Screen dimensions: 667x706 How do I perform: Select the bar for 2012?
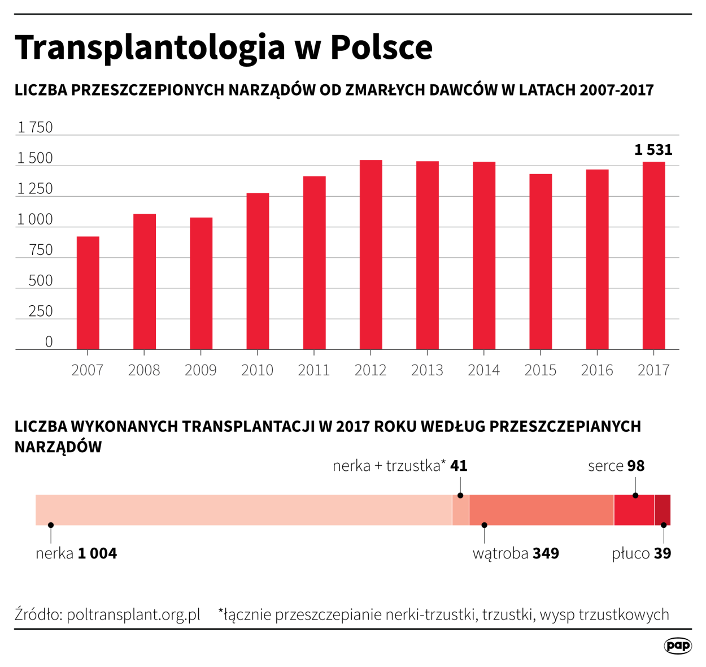click(371, 255)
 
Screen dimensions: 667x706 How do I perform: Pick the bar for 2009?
click(201, 283)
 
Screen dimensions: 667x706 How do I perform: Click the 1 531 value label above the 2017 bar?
click(653, 150)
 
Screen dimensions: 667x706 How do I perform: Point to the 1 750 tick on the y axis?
click(35, 128)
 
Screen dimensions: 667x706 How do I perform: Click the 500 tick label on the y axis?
click(40, 281)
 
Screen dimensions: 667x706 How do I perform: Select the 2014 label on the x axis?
click(483, 370)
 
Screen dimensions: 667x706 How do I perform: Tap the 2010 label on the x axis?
click(257, 370)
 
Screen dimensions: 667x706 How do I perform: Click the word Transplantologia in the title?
click(150, 47)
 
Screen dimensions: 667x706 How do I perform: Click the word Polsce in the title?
click(381, 47)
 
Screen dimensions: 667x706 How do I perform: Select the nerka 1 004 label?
click(76, 553)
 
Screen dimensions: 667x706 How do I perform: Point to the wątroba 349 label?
click(516, 553)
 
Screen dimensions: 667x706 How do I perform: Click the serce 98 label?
click(616, 466)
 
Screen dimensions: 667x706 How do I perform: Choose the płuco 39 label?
click(641, 553)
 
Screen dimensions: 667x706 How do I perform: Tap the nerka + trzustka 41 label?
click(400, 466)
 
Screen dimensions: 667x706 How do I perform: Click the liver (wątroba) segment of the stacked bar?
click(541, 510)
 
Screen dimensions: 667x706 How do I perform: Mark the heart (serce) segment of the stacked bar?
click(634, 510)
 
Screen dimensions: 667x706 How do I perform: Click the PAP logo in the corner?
click(677, 646)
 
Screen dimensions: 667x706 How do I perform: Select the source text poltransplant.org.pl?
click(133, 614)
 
